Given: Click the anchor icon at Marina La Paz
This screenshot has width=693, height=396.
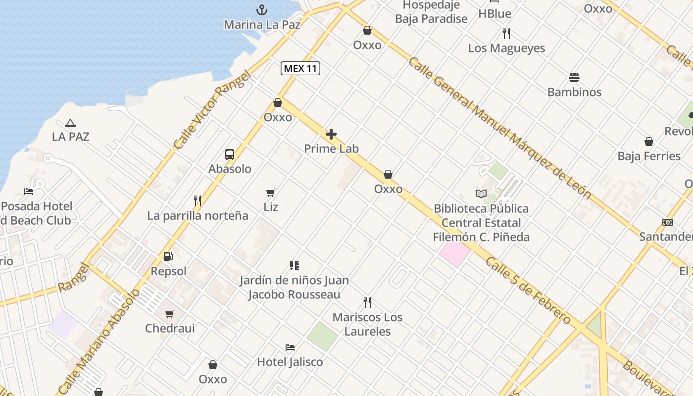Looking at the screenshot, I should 261,10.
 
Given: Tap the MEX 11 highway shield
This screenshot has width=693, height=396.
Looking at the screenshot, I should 300,69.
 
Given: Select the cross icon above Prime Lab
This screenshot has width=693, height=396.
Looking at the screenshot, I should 331,134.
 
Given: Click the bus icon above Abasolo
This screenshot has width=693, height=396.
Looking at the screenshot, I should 230,154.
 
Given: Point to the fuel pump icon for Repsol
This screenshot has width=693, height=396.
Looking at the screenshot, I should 168,256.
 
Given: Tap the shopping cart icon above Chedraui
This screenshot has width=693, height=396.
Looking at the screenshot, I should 170,313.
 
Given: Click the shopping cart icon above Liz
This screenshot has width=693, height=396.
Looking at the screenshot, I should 271,193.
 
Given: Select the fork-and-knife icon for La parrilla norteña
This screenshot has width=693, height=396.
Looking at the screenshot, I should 198,200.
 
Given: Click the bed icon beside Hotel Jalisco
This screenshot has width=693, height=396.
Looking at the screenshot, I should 290,347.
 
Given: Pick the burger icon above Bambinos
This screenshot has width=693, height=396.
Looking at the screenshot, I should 574,78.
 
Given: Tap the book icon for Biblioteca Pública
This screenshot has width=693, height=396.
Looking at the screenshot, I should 481,194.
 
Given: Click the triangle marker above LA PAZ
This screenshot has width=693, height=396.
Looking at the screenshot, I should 70,123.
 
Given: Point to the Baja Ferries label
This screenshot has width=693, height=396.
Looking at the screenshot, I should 649,156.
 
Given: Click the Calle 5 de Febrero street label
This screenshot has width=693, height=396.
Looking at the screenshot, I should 528,292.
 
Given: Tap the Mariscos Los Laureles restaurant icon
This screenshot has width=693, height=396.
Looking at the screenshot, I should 367,302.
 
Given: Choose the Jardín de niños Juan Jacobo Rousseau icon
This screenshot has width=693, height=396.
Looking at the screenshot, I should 295,266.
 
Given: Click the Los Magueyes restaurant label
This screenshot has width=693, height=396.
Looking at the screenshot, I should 506,49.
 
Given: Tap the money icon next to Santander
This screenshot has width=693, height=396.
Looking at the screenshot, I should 668,222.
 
